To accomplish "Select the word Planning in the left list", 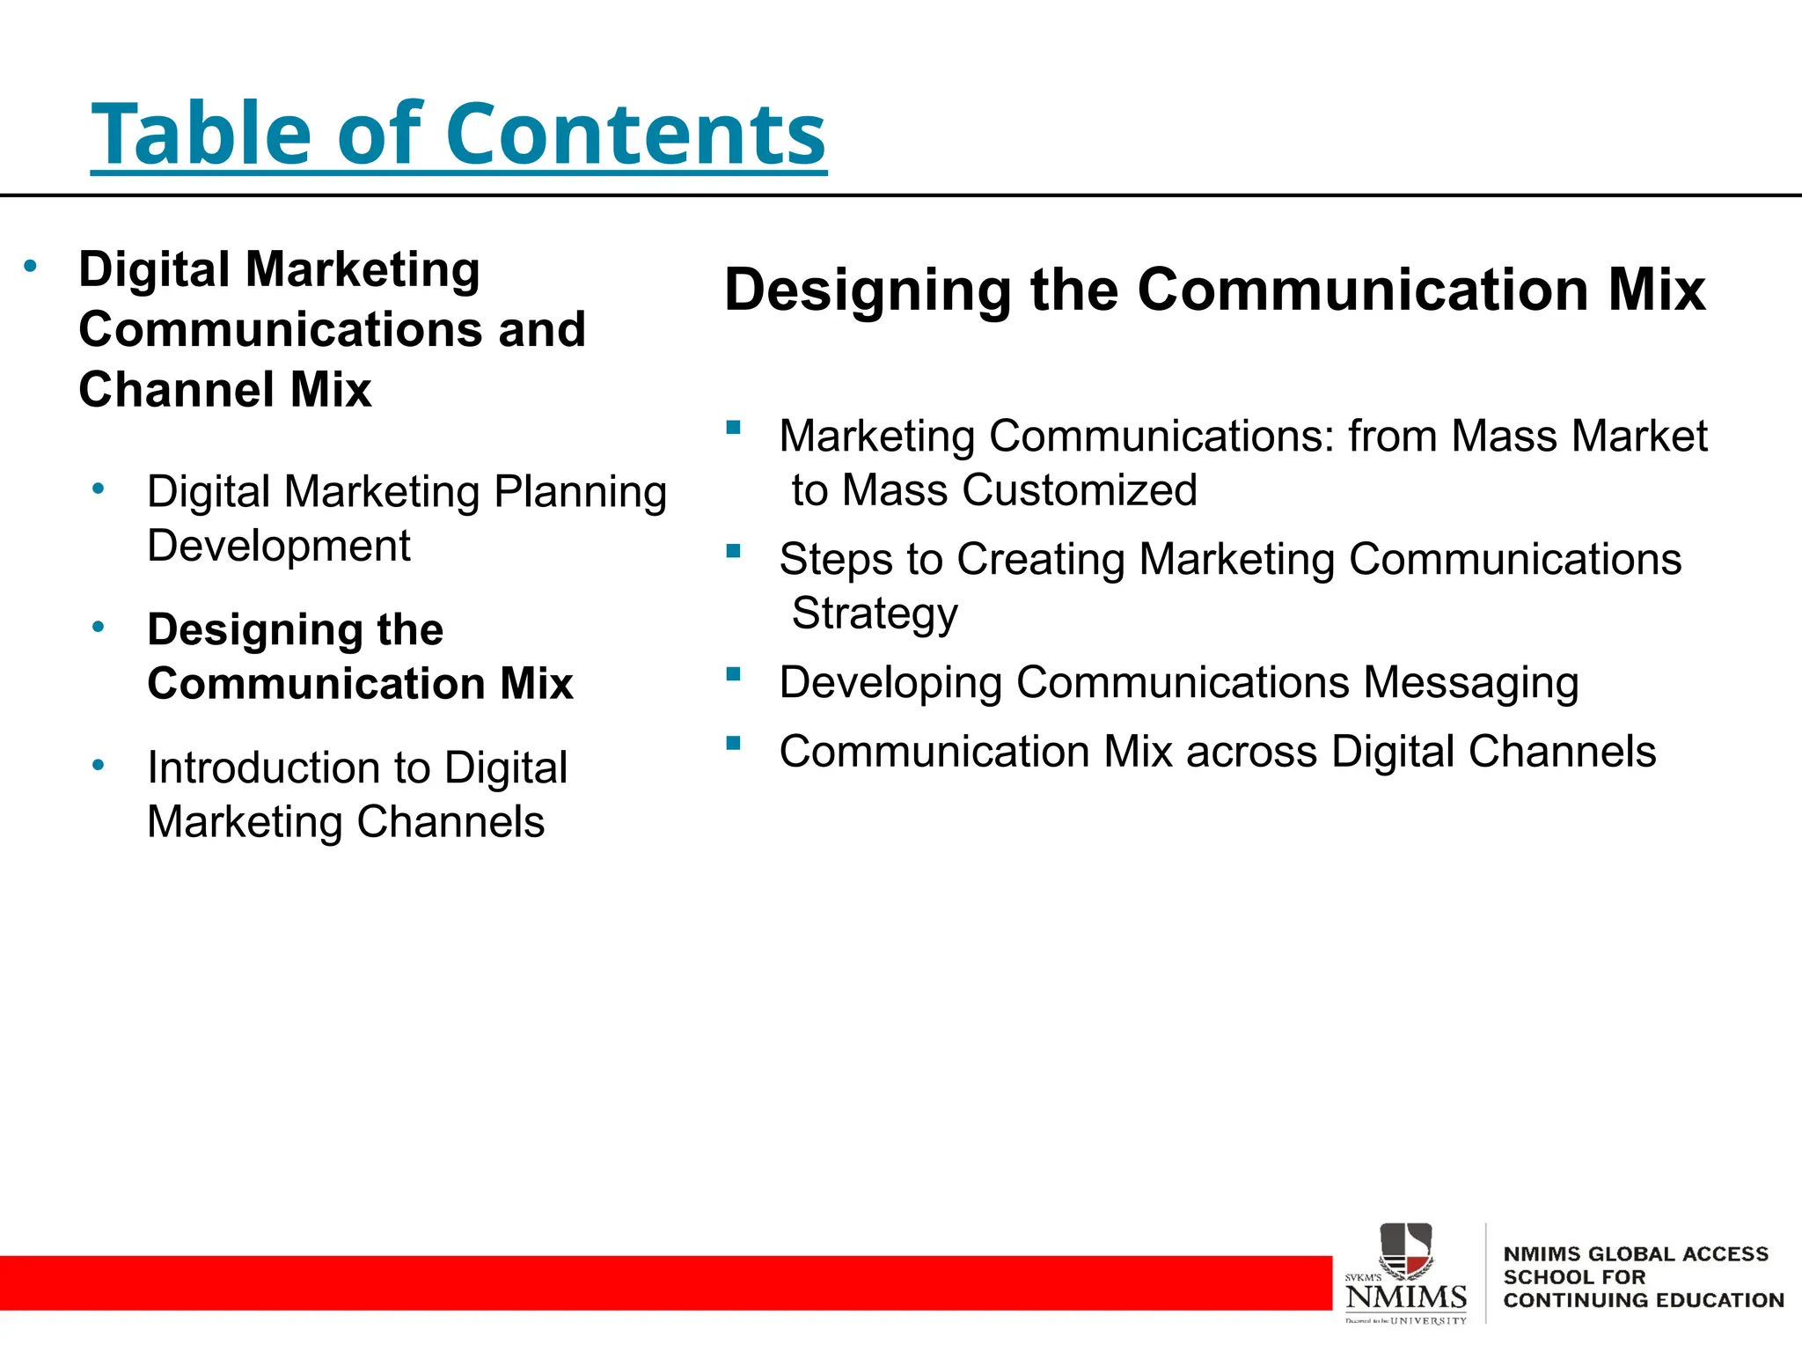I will pyautogui.click(x=580, y=492).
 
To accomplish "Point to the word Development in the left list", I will pyautogui.click(x=278, y=546).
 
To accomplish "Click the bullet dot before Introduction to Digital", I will pyautogui.click(x=99, y=765).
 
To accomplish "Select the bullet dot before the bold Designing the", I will pyautogui.click(x=99, y=627).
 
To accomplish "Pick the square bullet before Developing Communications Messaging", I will pyautogui.click(x=733, y=675).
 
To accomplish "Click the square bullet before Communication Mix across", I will pyautogui.click(x=733, y=744).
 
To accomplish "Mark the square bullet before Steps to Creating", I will pyautogui.click(x=733, y=552).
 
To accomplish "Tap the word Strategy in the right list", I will pyautogui.click(x=874, y=614).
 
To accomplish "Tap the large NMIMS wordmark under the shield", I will pyautogui.click(x=1406, y=1297).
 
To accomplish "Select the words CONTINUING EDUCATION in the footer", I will pyautogui.click(x=1643, y=1300).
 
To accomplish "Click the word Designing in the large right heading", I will pyautogui.click(x=868, y=290).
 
